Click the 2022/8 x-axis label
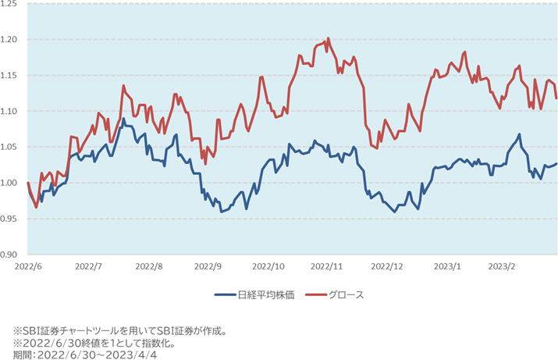point(148,266)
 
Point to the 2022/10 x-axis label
point(268,266)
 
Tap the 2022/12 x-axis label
point(387,266)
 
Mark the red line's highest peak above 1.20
point(328,37)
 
